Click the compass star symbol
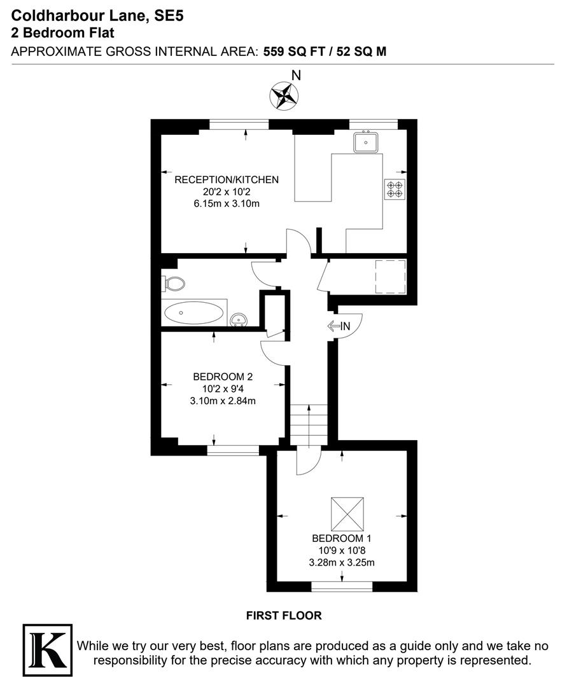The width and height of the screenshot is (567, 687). [284, 96]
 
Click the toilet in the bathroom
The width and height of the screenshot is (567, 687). [174, 283]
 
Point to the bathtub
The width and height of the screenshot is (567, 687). [194, 312]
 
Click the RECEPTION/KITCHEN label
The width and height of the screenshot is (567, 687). [227, 180]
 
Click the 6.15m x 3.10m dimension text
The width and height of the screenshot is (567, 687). [227, 204]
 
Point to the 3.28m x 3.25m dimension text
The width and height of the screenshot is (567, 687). [342, 562]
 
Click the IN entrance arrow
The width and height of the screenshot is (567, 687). [339, 326]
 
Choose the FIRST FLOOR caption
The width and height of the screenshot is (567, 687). [284, 616]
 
